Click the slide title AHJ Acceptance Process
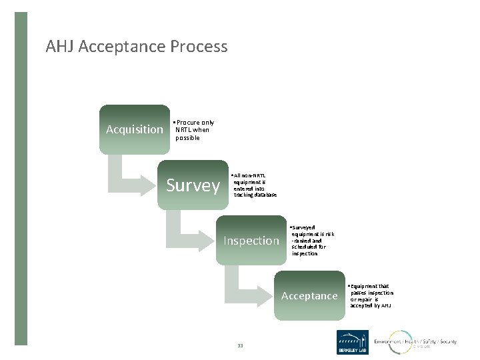(x=137, y=47)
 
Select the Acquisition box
(x=135, y=129)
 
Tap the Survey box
(x=193, y=185)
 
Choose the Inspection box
(x=251, y=241)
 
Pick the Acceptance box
(x=309, y=295)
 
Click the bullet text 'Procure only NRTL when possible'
(x=193, y=129)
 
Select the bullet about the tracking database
(x=253, y=185)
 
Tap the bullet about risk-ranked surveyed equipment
(x=312, y=240)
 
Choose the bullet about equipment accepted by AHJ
(x=371, y=295)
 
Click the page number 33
(x=241, y=345)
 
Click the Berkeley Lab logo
(x=352, y=343)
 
